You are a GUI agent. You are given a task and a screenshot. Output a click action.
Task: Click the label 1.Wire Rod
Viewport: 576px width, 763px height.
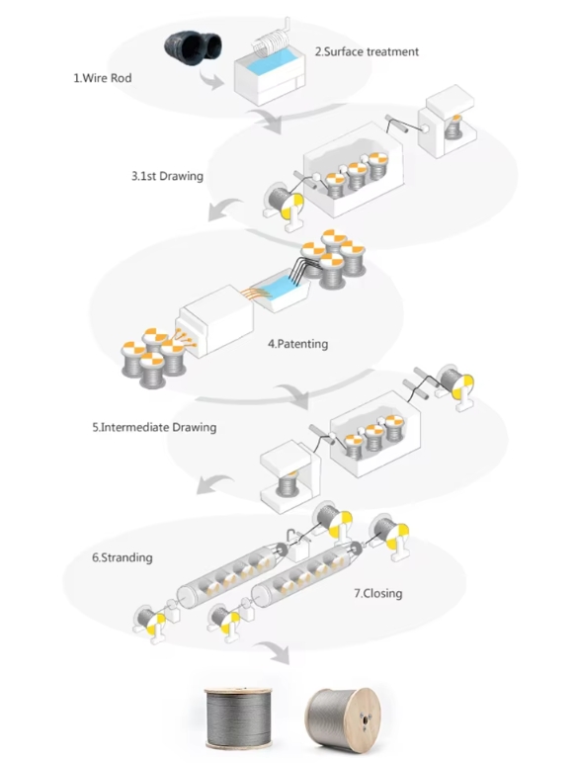coord(102,78)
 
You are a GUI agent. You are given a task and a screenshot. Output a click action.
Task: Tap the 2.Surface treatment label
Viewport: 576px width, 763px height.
coord(367,51)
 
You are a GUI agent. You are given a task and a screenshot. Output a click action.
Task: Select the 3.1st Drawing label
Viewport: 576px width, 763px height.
coord(167,176)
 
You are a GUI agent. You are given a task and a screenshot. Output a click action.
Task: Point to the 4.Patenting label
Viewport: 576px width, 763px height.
coord(297,344)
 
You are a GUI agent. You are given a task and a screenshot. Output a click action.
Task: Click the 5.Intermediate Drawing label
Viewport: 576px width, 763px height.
coord(154,427)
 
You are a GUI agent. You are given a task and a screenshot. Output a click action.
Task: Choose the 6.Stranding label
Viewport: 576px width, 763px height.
coord(123,557)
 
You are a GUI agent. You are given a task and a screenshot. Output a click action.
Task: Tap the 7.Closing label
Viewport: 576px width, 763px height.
coord(378,593)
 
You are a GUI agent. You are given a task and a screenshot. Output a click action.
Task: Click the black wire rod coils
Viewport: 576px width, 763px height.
coord(193,45)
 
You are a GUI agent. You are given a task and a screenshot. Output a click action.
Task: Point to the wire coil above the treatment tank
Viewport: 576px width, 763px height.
coord(273,39)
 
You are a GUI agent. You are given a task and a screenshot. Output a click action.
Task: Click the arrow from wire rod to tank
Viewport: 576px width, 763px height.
coord(211,80)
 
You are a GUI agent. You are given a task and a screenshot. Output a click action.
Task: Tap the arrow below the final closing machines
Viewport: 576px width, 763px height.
coord(274,652)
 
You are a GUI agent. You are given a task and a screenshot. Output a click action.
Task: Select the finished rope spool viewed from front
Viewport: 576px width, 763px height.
coord(238,719)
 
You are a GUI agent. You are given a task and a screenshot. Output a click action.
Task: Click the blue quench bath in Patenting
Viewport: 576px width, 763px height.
coord(280,290)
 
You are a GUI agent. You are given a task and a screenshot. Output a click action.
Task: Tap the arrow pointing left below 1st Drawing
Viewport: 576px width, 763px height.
coord(224,210)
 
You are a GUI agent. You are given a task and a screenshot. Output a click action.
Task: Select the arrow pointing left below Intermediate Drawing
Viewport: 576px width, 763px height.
coord(214,484)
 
